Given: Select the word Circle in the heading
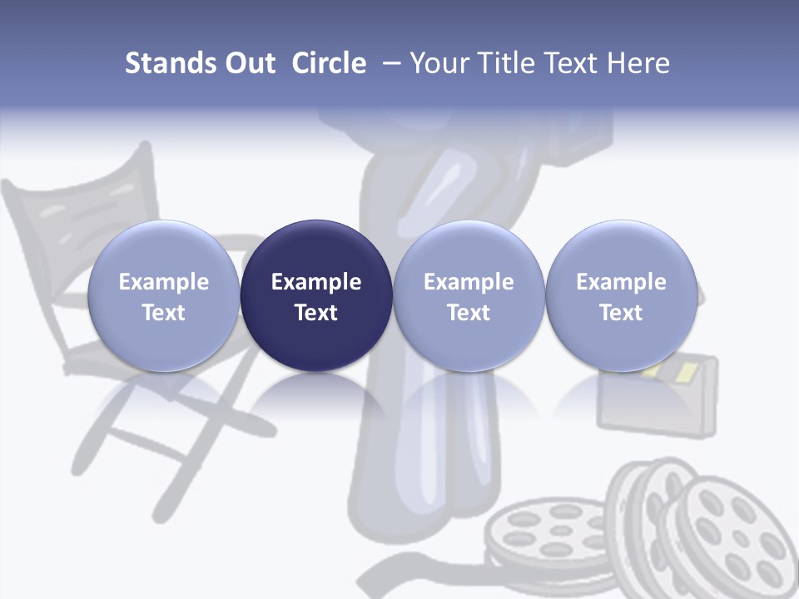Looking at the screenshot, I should [x=329, y=63].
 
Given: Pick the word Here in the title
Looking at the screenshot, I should [x=638, y=63].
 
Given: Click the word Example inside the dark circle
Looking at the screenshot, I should [x=316, y=282].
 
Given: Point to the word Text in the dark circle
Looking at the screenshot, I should [x=316, y=313].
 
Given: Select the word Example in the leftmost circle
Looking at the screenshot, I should [x=164, y=282].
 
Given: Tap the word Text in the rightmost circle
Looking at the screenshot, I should [x=622, y=313].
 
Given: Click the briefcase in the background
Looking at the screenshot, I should [x=658, y=399].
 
